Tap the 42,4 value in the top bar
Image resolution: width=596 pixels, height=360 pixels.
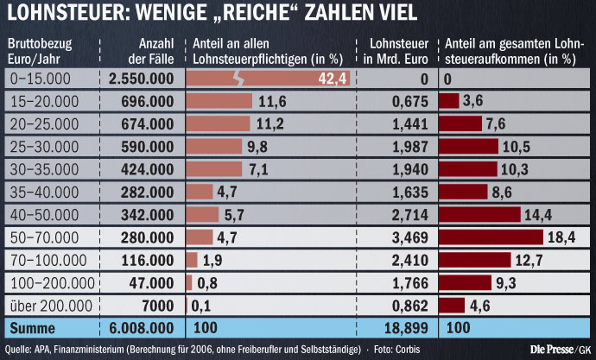[x=333, y=79]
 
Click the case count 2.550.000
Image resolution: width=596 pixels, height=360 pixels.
[x=143, y=79]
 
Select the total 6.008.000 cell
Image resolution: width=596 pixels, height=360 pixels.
[x=143, y=328]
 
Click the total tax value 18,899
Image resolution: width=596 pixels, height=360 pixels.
[x=406, y=328]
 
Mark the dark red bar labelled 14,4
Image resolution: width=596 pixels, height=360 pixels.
[x=479, y=214]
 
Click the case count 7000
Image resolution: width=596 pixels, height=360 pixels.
[x=159, y=305]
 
